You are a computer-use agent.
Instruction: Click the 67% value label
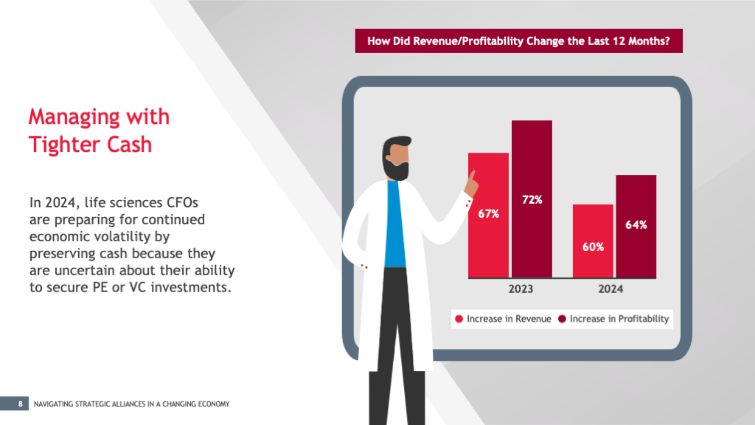point(489,214)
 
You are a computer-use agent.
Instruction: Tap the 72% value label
point(532,199)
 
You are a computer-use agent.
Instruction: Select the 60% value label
point(593,247)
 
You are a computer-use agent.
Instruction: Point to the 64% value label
point(636,225)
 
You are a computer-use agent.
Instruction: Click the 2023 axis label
point(521,289)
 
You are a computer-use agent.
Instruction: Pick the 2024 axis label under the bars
point(610,289)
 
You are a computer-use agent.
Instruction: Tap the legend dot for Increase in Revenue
point(459,319)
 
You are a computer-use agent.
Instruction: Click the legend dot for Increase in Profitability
point(562,319)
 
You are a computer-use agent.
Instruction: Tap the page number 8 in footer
point(21,404)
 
